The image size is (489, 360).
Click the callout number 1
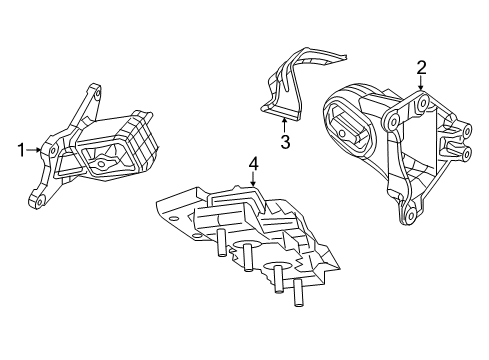point(20,150)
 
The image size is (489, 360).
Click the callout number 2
point(421,68)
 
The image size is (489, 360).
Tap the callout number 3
point(284,142)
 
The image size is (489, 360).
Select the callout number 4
point(254,163)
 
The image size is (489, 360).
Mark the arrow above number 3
point(284,124)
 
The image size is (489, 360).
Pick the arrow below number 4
point(254,180)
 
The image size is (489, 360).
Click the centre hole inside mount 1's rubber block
point(103,159)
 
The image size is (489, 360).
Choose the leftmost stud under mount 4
point(217,242)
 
